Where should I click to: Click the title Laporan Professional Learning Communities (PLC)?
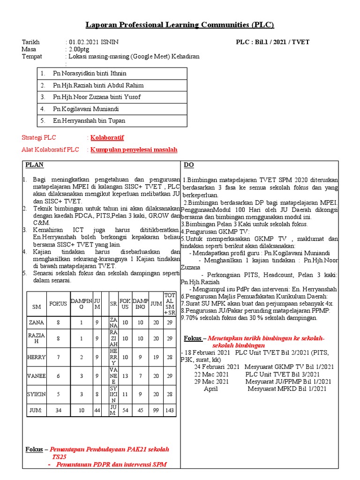click(x=180, y=25)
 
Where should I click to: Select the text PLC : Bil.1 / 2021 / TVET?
click(x=272, y=42)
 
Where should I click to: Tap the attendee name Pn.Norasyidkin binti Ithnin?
click(x=90, y=74)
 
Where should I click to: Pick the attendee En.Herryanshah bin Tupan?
click(x=89, y=120)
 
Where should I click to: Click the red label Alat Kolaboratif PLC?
click(x=51, y=150)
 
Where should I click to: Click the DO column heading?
click(x=188, y=165)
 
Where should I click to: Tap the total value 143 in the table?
click(x=169, y=410)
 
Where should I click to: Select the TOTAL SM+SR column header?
click(x=169, y=303)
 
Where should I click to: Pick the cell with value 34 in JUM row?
click(x=59, y=410)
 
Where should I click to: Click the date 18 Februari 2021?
click(x=207, y=352)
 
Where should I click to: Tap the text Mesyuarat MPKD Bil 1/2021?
click(x=287, y=389)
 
